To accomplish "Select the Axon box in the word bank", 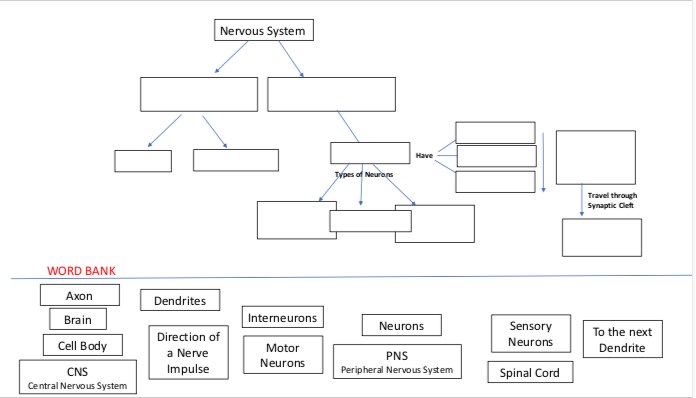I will [x=80, y=295].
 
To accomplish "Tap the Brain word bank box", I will [x=78, y=320].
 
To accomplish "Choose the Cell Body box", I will [x=82, y=345].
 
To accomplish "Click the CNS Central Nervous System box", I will [x=77, y=378].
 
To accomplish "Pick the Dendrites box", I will [x=180, y=300].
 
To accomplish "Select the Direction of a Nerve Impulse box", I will [x=188, y=352].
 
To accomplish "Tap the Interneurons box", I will [x=283, y=318].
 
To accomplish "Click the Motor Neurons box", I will [x=283, y=355].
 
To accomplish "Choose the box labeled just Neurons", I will [x=401, y=326].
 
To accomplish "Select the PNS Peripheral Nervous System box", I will [x=397, y=361].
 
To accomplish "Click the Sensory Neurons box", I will [x=530, y=334].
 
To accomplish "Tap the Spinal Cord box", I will [x=530, y=373].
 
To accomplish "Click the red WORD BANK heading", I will [x=80, y=271].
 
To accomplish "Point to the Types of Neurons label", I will [x=364, y=175].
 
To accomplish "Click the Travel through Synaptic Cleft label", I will [x=612, y=200].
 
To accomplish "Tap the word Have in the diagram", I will [x=424, y=155].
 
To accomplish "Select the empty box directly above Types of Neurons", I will [x=370, y=153].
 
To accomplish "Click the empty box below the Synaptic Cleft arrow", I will [x=602, y=237].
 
